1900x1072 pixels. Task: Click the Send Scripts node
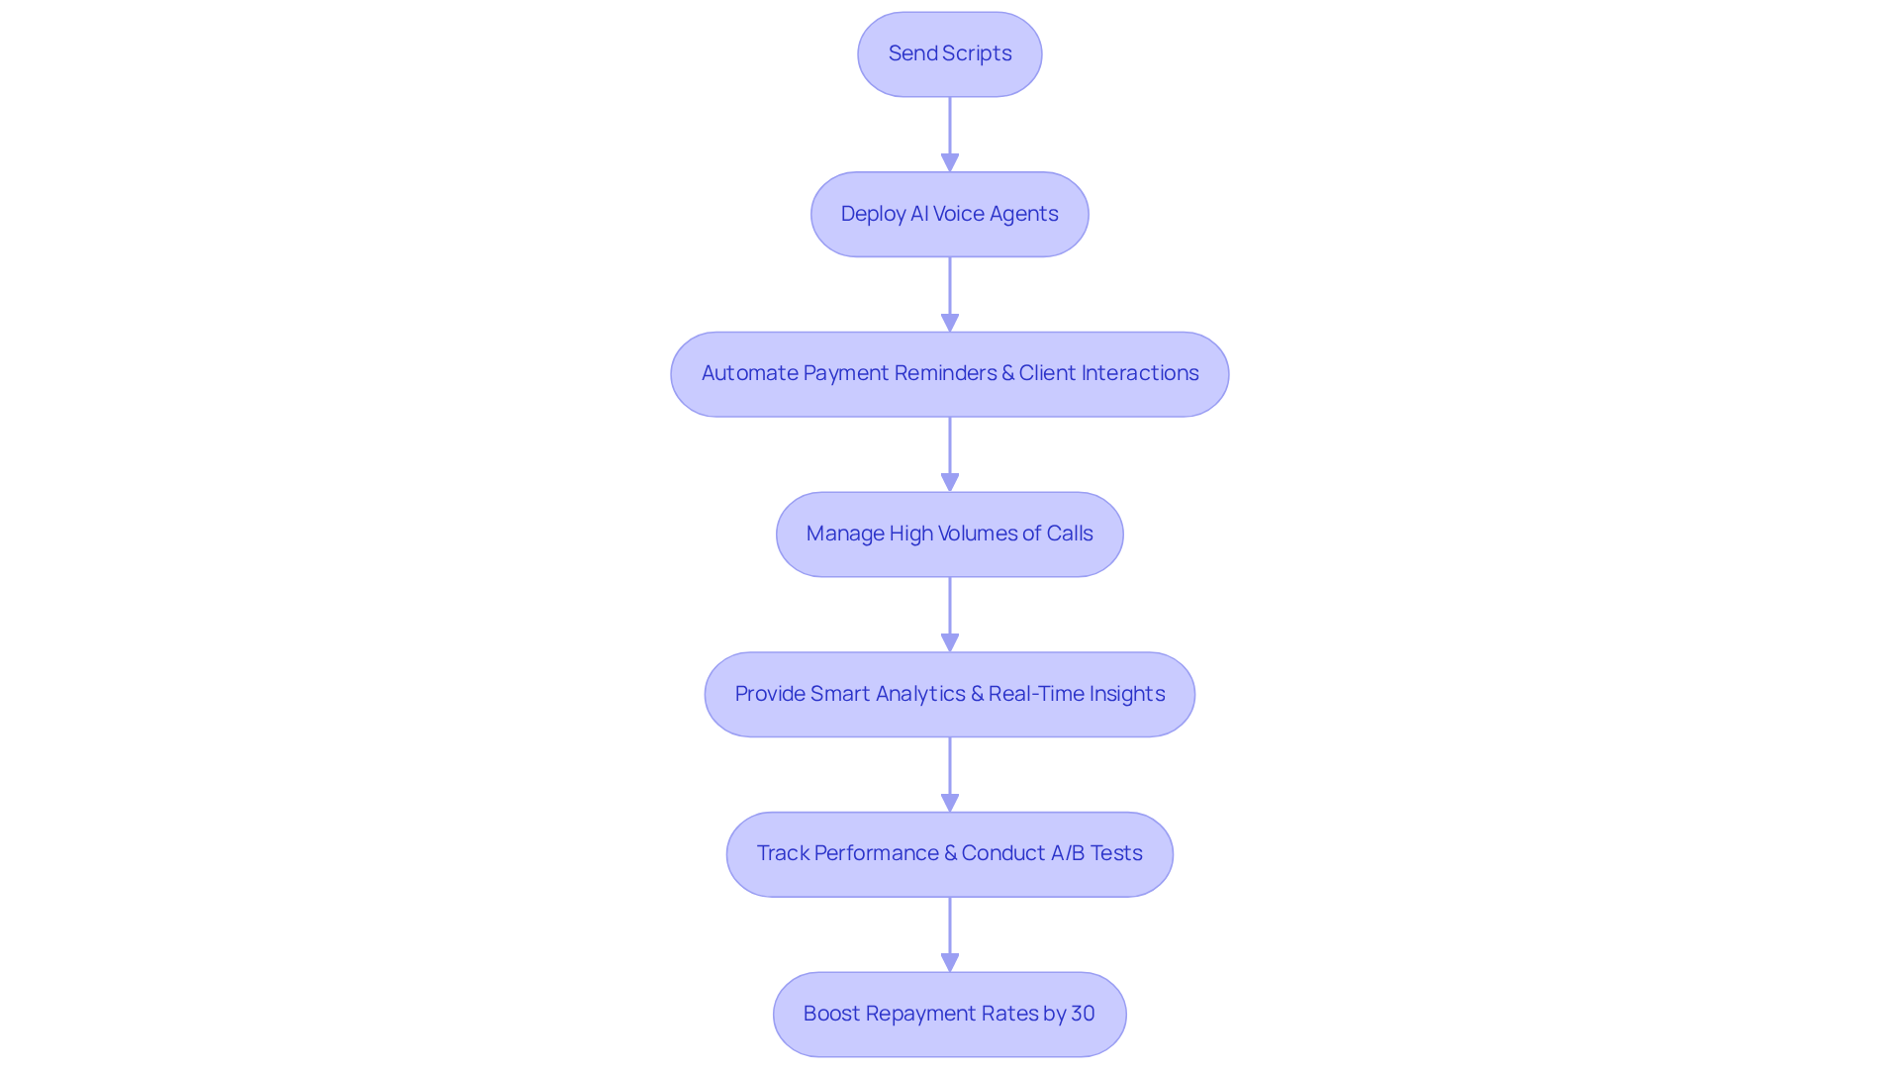point(949,54)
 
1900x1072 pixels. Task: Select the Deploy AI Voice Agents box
point(949,215)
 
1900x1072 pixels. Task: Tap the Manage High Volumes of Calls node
point(949,535)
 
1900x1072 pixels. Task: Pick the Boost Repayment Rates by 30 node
point(949,1015)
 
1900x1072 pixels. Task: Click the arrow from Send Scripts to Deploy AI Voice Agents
point(950,134)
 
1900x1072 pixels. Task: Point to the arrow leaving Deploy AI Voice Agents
point(950,294)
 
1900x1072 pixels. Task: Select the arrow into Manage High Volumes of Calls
point(950,454)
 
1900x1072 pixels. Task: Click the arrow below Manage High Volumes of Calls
point(950,614)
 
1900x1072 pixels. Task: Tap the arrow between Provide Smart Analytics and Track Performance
point(950,774)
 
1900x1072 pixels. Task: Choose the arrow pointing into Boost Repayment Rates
point(950,934)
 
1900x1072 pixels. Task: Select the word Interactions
point(1139,373)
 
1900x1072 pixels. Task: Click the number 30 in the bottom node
point(1083,1014)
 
